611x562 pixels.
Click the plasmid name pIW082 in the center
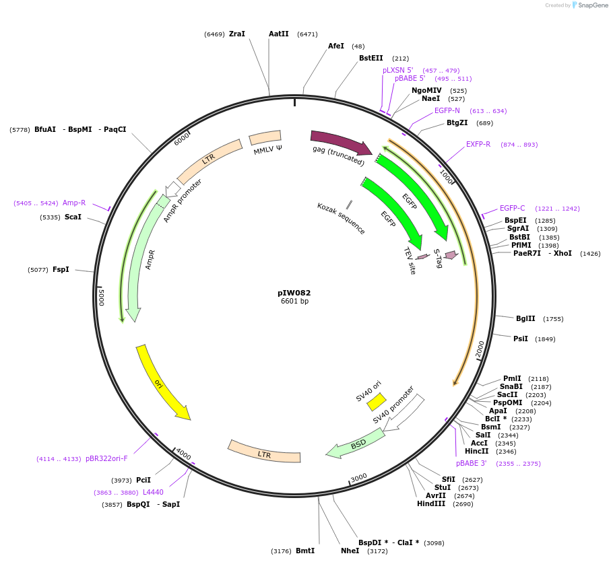pos(294,293)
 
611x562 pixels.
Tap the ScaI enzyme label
pos(73,217)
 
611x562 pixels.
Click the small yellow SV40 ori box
pos(376,402)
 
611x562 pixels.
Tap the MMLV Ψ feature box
pos(265,138)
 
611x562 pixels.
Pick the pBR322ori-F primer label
pos(106,458)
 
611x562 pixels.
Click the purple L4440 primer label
pos(153,492)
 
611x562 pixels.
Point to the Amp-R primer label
pos(74,203)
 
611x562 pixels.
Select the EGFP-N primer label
pos(447,110)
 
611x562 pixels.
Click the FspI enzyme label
pos(61,269)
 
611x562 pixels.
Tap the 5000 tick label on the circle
pos(102,297)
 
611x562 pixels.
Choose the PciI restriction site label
pos(143,480)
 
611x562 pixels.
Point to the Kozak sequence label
pos(341,219)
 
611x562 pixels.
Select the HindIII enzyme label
pos(431,503)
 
